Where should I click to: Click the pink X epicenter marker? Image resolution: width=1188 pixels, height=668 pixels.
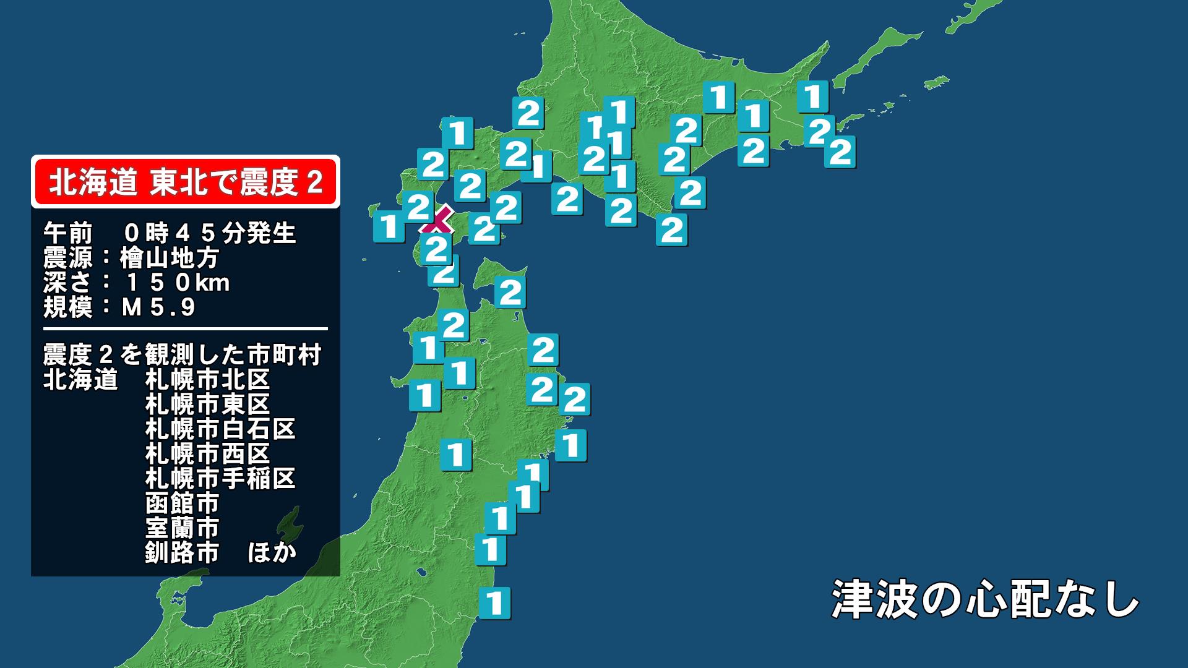[x=437, y=221]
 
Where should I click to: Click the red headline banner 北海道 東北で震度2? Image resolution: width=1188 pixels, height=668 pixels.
[x=186, y=182]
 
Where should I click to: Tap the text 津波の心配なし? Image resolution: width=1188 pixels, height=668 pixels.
[x=985, y=599]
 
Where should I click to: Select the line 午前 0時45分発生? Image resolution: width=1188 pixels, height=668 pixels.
[x=170, y=233]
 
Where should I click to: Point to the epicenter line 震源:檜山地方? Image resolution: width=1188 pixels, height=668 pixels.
[x=131, y=258]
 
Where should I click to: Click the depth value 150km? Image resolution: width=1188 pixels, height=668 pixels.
[x=177, y=283]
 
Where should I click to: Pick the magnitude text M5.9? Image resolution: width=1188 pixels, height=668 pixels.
[x=158, y=307]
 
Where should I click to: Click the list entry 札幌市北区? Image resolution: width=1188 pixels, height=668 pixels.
[x=207, y=379]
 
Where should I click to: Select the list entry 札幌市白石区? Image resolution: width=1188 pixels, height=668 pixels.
[x=220, y=429]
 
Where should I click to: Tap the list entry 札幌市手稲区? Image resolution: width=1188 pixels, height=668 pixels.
[x=220, y=478]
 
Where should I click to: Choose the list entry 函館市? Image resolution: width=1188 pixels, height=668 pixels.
[x=183, y=503]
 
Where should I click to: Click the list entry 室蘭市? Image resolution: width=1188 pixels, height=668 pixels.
[x=183, y=528]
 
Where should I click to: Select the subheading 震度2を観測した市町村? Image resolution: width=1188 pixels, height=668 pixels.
[x=183, y=355]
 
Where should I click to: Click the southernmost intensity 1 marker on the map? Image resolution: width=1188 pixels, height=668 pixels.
[x=494, y=602]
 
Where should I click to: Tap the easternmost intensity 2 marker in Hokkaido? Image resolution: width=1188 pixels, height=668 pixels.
[x=840, y=152]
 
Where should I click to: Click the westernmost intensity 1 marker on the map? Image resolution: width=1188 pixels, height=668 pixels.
[x=389, y=226]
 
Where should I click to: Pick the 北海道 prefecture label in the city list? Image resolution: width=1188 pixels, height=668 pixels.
[x=80, y=379]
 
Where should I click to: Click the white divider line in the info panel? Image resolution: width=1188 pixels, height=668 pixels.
[x=186, y=329]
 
